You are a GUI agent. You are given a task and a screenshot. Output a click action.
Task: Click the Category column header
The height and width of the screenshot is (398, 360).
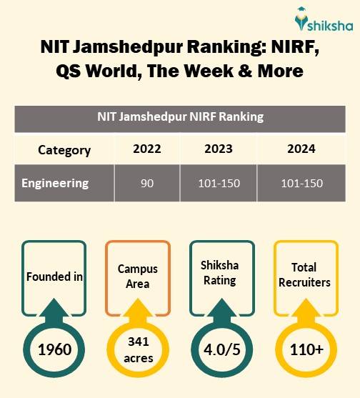64,150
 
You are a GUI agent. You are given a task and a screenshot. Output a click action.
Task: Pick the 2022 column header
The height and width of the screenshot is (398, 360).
147,149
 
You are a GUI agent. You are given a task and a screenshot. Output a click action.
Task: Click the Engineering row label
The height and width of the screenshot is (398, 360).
55,183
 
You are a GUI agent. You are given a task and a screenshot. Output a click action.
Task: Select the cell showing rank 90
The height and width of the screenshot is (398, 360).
147,184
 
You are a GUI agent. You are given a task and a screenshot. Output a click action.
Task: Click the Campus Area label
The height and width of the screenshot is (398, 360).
137,277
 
